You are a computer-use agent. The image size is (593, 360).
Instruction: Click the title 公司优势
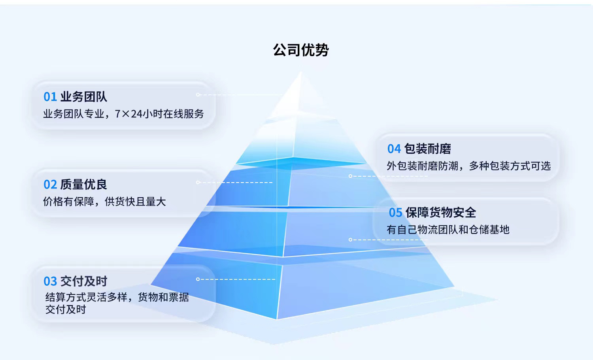(x=301, y=50)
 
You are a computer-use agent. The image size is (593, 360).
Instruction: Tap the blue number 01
(x=50, y=97)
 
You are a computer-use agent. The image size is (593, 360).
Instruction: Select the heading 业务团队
(x=84, y=96)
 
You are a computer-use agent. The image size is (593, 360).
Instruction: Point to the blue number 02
(x=50, y=185)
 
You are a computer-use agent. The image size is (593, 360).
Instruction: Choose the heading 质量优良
(x=84, y=185)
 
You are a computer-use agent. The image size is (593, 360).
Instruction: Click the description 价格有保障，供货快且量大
(x=104, y=202)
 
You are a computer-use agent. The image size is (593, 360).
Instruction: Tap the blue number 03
(x=50, y=281)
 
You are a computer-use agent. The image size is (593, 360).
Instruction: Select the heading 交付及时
(x=84, y=281)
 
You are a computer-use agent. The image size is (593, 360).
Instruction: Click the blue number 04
(x=394, y=149)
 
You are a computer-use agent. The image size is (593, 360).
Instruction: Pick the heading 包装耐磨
(x=427, y=149)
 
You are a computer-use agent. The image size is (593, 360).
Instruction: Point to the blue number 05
(x=395, y=213)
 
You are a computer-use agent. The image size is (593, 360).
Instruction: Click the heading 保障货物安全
(x=441, y=213)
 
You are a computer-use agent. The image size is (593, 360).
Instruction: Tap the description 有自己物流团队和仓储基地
(x=448, y=230)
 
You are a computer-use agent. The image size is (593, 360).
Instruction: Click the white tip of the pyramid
(x=301, y=72)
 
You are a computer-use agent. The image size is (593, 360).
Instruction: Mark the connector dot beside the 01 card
(x=198, y=95)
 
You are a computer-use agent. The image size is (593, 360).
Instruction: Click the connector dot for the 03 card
(x=198, y=279)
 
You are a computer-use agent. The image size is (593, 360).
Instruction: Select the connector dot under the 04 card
(x=350, y=176)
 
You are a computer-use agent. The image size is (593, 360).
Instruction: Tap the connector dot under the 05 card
(x=350, y=240)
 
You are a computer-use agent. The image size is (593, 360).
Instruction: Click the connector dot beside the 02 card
(x=198, y=183)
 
